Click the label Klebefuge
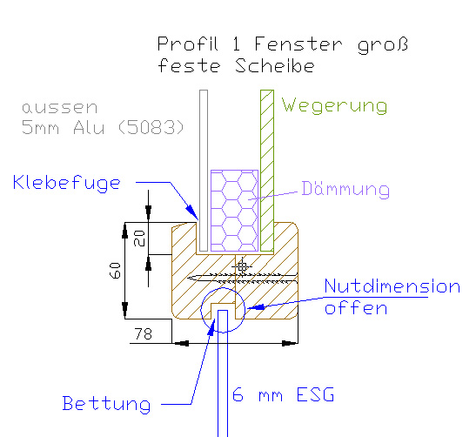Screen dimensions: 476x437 tap(66, 183)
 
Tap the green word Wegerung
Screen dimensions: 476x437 tap(334, 105)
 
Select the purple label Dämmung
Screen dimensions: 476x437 tap(345, 189)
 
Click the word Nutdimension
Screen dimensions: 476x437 tap(392, 286)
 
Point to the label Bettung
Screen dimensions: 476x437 tap(106, 404)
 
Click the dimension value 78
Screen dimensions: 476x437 tap(144, 333)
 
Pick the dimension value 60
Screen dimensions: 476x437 tap(115, 271)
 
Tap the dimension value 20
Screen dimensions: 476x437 tap(139, 239)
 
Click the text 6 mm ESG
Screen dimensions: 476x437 tap(283, 394)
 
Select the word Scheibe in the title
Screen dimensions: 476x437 tap(275, 66)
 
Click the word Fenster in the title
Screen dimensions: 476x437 tap(298, 44)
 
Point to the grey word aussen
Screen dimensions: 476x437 tap(59, 108)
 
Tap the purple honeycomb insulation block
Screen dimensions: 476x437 tap(234, 211)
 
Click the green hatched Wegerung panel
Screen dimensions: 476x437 tap(267, 171)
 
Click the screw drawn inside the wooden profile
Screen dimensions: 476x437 tap(242, 279)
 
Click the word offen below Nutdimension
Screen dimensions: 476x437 tap(356, 308)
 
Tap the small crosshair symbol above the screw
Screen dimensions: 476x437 tap(242, 267)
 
